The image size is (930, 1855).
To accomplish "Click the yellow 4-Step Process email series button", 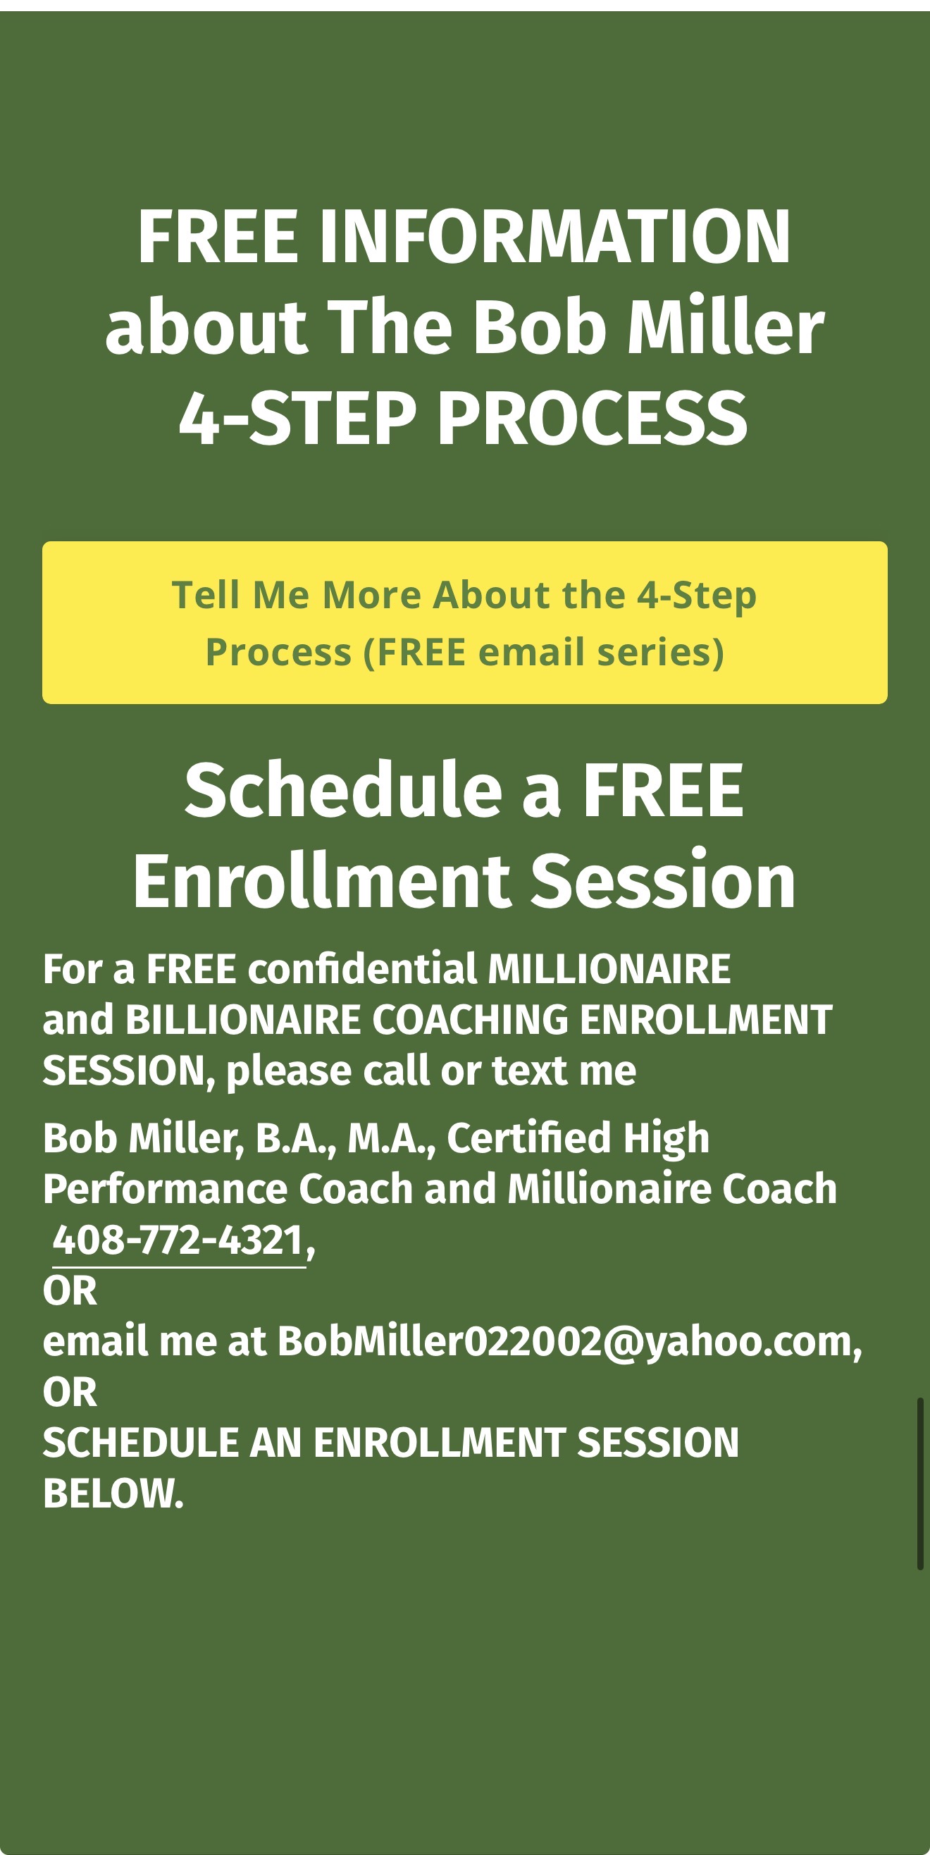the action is tap(464, 622).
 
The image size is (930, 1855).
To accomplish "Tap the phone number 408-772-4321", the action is tap(178, 1240).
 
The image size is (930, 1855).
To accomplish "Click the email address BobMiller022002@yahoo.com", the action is tap(569, 1342).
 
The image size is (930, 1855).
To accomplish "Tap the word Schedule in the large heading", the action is tap(342, 790).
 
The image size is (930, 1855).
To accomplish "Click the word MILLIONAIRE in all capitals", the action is tap(609, 969).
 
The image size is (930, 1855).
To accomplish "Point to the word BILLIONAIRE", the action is tap(242, 1020).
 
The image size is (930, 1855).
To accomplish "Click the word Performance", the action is tap(165, 1189).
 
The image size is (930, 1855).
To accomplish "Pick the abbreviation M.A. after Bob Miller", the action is tap(392, 1138).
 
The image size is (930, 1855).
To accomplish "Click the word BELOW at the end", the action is tap(113, 1493).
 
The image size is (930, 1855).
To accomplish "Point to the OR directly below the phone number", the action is tap(70, 1291).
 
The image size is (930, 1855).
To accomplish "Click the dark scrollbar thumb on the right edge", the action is tap(920, 1484).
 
